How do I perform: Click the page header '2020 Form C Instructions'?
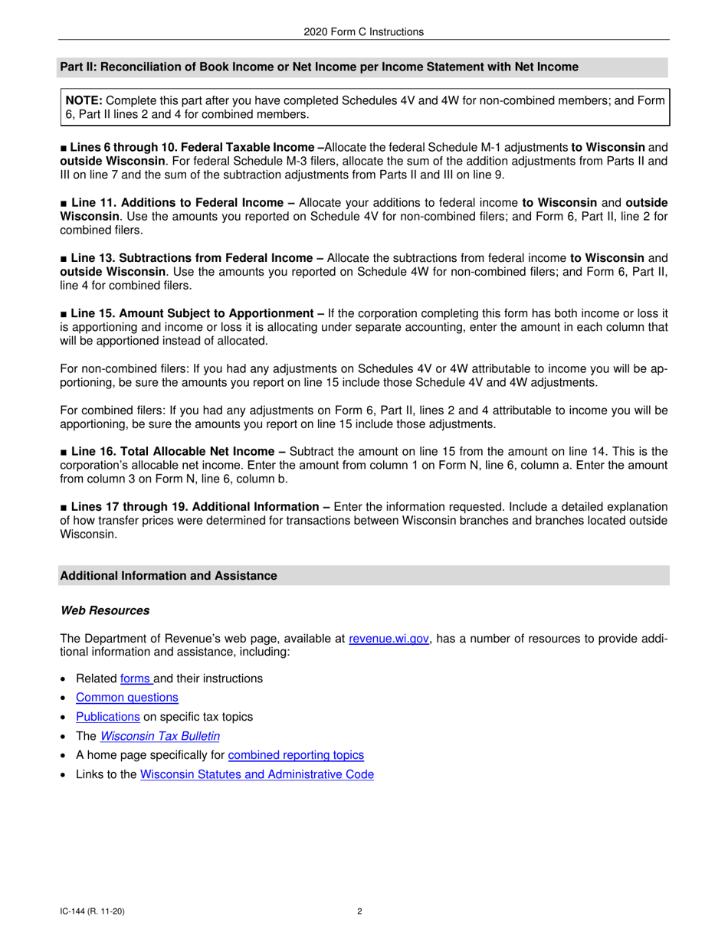[x=363, y=32]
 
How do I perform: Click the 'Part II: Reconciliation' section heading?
[x=319, y=67]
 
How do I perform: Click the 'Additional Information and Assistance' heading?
[x=169, y=576]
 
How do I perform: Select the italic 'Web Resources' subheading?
[x=104, y=610]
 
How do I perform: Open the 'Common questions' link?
[x=126, y=698]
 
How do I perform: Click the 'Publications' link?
[x=107, y=717]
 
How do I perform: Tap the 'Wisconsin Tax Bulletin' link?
[x=160, y=736]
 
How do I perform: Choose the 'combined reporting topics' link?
[x=296, y=755]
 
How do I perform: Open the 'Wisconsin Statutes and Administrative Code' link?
[x=257, y=774]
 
